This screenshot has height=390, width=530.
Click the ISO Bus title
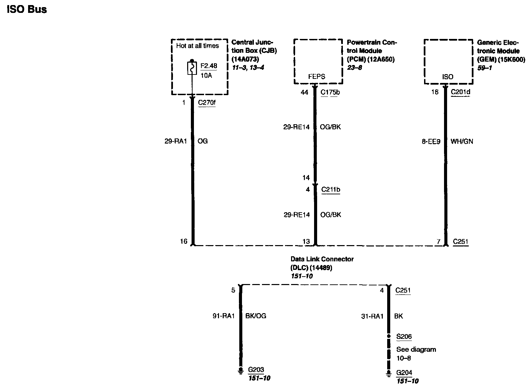(27, 9)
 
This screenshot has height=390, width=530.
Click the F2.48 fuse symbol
(192, 68)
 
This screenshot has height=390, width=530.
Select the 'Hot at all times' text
(197, 46)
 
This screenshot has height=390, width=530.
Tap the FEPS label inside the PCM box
(316, 77)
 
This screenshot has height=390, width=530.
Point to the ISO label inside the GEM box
(447, 77)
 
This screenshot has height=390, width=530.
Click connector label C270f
(207, 102)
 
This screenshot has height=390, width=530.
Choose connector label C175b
(330, 92)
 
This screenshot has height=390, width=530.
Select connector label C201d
(461, 92)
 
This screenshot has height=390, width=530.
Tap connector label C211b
(330, 189)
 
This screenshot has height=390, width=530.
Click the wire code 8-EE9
(431, 142)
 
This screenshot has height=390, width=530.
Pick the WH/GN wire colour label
(462, 142)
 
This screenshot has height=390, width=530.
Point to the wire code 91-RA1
(223, 316)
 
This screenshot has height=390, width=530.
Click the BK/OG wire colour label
(256, 316)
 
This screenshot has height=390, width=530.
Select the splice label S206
(404, 337)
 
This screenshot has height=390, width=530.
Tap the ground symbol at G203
(241, 371)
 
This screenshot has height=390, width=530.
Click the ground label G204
(404, 373)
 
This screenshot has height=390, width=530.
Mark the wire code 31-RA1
(372, 316)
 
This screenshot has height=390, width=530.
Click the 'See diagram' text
(416, 349)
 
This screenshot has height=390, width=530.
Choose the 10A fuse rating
(206, 75)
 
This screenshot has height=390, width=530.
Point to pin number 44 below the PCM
(305, 92)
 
